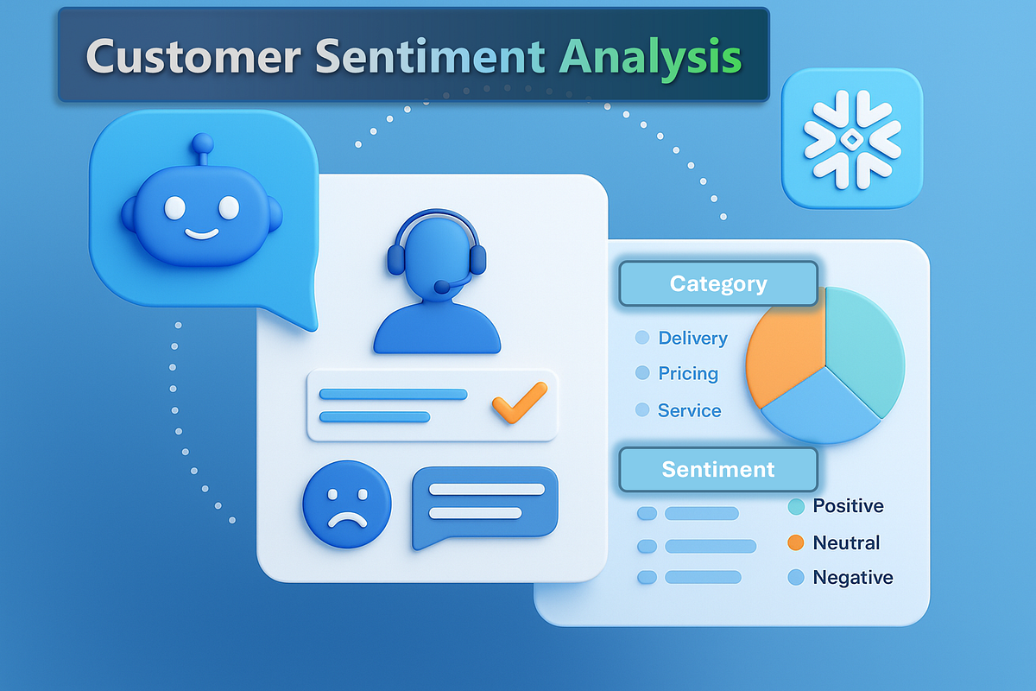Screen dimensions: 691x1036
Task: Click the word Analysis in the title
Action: (649, 57)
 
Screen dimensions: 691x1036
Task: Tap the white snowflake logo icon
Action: (851, 139)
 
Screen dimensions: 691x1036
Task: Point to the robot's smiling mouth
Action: (201, 234)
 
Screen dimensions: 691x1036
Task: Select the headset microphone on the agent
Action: (442, 287)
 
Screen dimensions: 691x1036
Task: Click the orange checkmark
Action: (519, 403)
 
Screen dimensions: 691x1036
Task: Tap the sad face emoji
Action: (346, 504)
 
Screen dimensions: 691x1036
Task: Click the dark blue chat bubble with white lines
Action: (484, 506)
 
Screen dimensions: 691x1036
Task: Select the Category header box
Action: (717, 284)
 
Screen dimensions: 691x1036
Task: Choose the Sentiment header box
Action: (717, 470)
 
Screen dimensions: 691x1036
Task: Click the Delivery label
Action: (692, 339)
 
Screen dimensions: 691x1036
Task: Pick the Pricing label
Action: (688, 374)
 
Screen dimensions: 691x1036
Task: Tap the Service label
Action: (689, 411)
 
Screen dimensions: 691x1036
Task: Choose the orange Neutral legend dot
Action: (796, 543)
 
